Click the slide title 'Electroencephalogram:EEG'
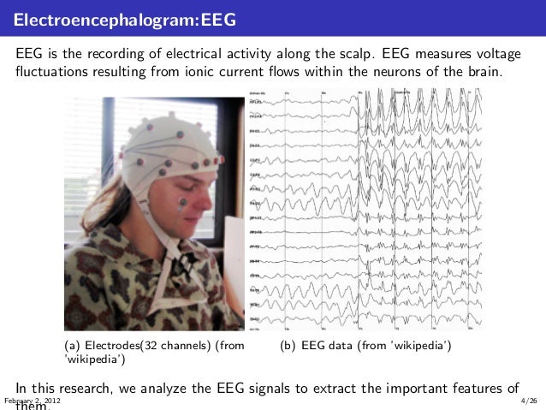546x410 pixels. tap(126, 18)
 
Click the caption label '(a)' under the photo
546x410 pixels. tap(74, 345)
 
